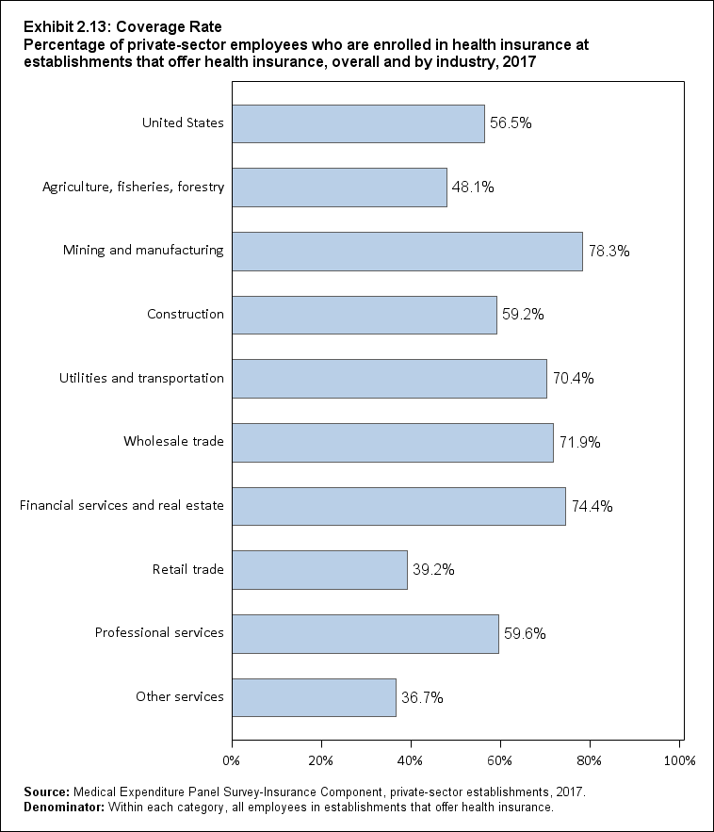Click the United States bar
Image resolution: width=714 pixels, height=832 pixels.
358,123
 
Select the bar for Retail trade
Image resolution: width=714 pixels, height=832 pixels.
319,570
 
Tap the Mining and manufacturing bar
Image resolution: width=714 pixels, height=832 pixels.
407,251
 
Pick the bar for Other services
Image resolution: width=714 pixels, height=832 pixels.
314,697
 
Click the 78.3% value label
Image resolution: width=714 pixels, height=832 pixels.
609,252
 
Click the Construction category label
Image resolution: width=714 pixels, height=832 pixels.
186,314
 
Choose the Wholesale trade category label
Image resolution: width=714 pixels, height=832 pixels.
173,441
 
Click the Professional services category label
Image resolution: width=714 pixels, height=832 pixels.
159,632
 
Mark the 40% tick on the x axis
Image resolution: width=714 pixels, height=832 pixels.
411,759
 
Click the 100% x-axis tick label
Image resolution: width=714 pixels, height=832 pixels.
680,759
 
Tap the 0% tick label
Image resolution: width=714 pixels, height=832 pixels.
231,759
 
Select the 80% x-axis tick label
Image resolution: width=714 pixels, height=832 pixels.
590,759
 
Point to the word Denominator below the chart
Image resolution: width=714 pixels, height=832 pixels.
57,808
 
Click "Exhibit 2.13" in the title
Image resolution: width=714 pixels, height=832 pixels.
57,26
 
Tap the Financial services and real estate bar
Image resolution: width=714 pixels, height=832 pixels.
398,506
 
